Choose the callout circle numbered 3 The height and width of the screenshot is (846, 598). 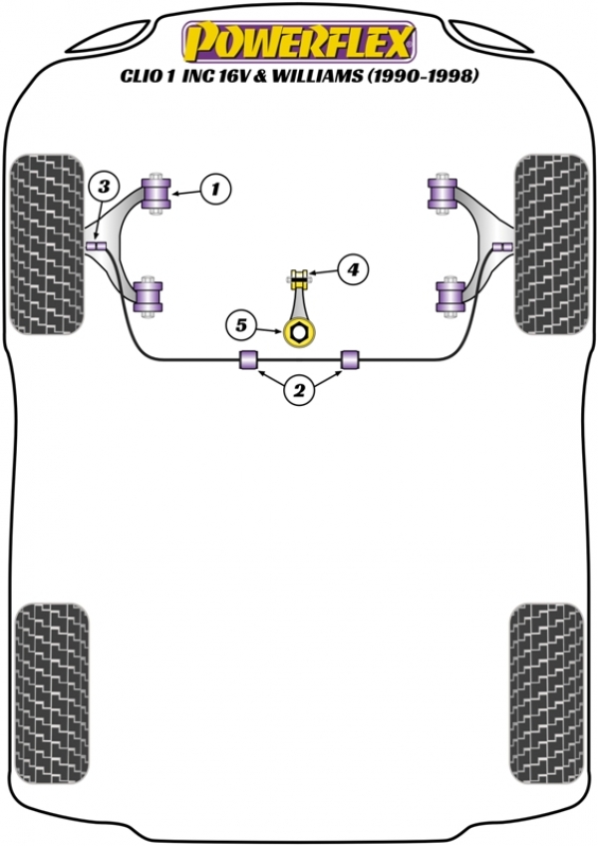coord(104,187)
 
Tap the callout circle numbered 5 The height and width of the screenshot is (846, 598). coord(240,324)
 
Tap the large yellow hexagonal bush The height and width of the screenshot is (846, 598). coord(297,332)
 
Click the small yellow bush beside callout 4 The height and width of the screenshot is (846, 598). coord(298,276)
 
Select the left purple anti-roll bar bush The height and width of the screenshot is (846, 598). coord(247,359)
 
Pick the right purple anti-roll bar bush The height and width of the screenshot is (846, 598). coord(350,359)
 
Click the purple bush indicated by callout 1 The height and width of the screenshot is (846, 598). coord(157,192)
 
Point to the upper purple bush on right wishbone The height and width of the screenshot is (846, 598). coord(441,192)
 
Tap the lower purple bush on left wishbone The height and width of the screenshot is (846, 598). coord(149,296)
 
